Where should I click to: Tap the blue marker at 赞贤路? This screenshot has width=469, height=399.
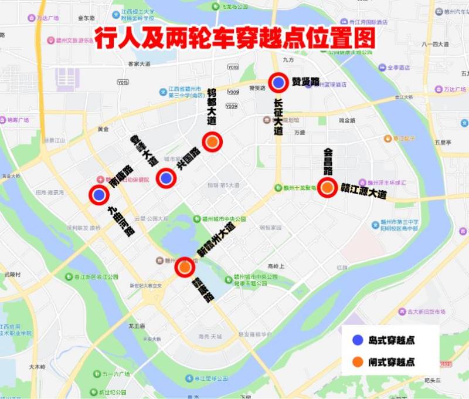[x=278, y=83]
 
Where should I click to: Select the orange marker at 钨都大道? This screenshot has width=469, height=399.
[x=212, y=141]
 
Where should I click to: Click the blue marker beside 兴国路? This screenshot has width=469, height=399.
[x=166, y=177]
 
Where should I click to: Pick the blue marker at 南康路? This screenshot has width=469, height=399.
[x=98, y=195]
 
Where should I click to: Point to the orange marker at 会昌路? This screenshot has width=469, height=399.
[x=328, y=187]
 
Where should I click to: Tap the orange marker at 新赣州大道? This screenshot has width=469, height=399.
[x=185, y=267]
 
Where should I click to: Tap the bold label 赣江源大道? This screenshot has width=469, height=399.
[x=363, y=191]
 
